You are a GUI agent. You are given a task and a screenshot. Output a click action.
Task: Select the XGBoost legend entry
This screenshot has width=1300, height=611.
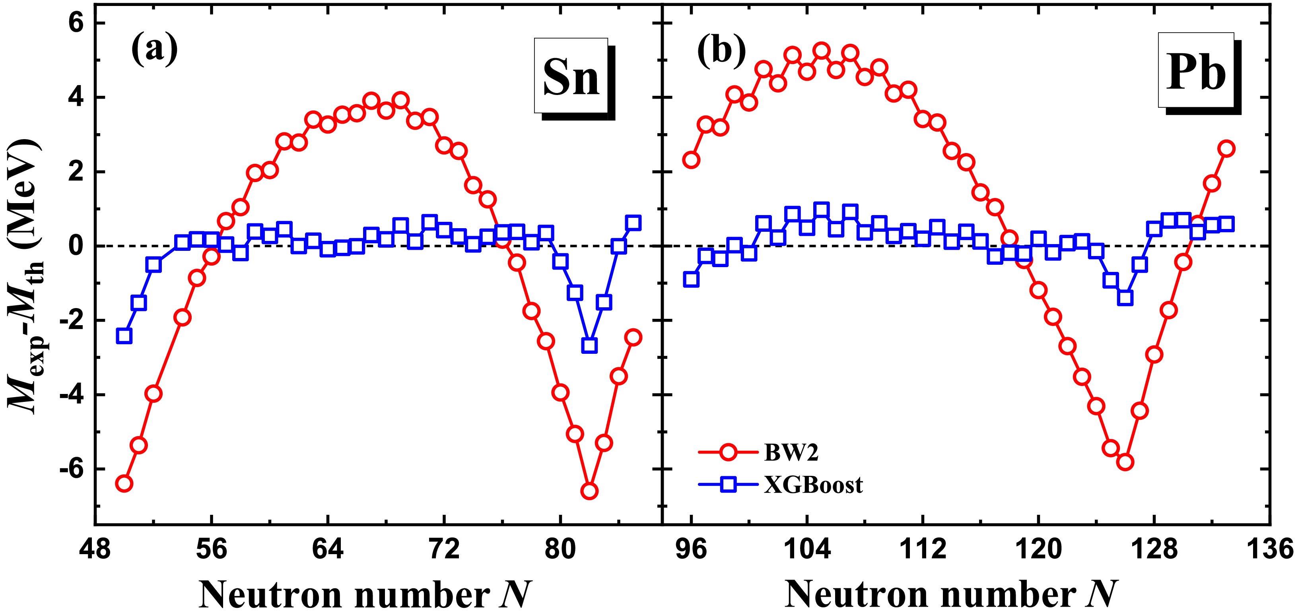tap(812, 485)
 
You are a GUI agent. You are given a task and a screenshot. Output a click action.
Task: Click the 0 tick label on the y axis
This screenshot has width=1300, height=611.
tap(76, 246)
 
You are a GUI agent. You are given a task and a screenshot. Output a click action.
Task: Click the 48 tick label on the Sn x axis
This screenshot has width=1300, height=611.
tap(95, 549)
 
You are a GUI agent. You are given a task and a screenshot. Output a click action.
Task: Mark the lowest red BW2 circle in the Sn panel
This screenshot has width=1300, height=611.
tap(589, 491)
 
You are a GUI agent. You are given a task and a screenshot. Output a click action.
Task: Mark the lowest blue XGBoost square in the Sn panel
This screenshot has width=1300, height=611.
tap(589, 345)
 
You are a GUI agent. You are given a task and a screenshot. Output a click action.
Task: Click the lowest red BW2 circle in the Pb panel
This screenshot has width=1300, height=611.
tap(1125, 462)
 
